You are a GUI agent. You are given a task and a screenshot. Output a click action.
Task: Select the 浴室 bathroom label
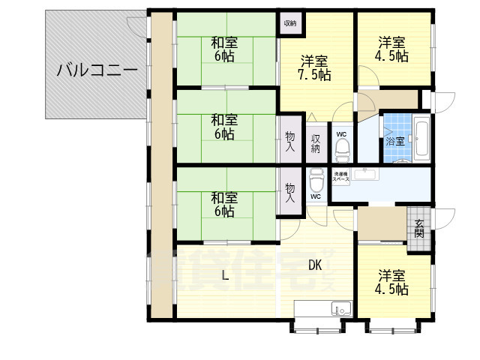pos(395,140)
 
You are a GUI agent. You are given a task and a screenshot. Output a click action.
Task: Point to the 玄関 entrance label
pos(418,225)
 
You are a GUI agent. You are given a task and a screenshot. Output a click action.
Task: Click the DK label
pos(315,263)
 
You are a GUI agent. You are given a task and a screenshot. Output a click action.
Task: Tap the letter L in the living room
pos(224,276)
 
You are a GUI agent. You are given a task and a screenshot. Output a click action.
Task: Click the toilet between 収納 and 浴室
pos(342,149)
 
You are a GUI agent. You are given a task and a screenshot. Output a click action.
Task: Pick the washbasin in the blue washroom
pos(367,175)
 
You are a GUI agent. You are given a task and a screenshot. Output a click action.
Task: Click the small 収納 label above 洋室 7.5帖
pos(289,23)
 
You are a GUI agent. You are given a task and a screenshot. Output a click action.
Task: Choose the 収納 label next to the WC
pos(316,142)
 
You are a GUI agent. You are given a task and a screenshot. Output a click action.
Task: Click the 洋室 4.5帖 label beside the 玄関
pos(393,282)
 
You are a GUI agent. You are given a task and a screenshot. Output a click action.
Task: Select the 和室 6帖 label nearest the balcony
pos(223,49)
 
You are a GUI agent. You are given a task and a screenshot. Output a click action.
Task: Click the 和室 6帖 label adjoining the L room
pos(223,204)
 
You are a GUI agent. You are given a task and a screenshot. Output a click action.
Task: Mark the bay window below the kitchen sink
pos(316,327)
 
